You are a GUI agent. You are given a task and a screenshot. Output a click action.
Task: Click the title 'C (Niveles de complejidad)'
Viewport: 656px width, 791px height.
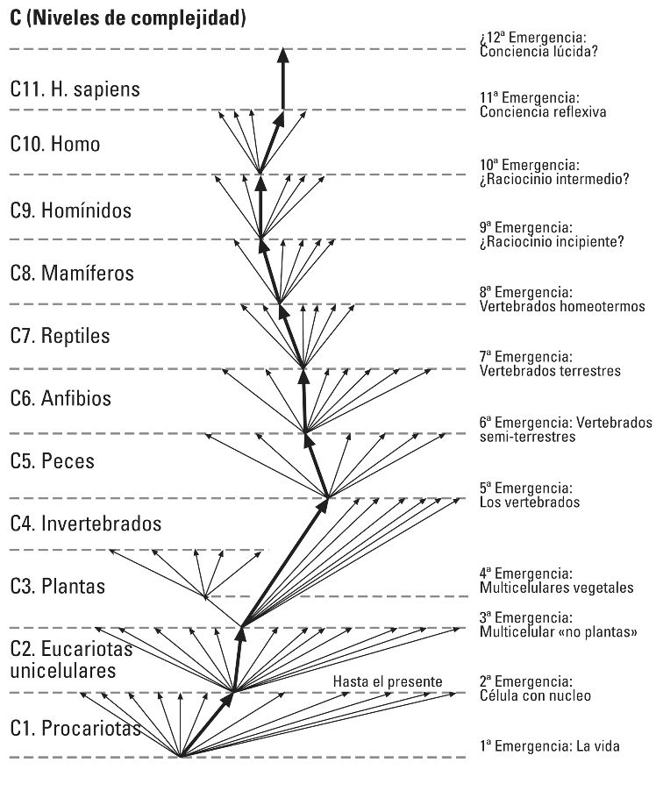[x=127, y=18]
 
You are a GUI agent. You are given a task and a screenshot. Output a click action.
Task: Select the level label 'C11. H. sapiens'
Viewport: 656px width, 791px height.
[x=75, y=89]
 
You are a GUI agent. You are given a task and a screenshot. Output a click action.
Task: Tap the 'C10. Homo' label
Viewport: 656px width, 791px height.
[x=55, y=144]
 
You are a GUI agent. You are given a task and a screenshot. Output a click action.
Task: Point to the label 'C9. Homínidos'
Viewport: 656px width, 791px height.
[x=71, y=210]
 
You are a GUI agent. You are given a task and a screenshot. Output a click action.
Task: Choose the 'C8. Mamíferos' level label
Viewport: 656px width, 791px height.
[x=73, y=273]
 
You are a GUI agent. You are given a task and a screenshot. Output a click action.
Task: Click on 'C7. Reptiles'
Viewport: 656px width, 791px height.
[x=61, y=336]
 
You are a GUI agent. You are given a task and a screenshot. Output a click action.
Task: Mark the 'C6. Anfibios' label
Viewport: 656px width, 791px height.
[x=61, y=398]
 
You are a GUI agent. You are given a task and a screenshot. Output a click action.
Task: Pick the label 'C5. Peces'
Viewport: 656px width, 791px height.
[x=53, y=460]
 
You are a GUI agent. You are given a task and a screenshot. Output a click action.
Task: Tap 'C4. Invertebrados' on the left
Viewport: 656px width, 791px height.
[x=86, y=524]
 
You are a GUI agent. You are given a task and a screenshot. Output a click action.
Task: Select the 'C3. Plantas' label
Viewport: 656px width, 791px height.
[x=58, y=586]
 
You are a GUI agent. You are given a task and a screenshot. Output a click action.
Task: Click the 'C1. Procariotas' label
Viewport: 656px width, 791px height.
[x=75, y=728]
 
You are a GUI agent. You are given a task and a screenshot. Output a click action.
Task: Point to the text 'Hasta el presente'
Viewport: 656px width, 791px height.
[x=388, y=682]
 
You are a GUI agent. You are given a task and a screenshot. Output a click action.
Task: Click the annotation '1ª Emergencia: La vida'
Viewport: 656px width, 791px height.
[x=550, y=746]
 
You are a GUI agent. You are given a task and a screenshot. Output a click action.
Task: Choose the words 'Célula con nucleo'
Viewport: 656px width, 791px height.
[x=535, y=696]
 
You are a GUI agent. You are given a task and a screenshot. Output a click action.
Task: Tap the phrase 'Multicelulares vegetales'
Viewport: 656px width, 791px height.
[x=557, y=588]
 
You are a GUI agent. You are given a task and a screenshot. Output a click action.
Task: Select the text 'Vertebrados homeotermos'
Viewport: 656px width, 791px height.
[x=562, y=307]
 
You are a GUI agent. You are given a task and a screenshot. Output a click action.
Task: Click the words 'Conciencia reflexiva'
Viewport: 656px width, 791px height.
[x=543, y=112]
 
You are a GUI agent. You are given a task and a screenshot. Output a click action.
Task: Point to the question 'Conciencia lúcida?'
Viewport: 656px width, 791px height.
[x=539, y=51]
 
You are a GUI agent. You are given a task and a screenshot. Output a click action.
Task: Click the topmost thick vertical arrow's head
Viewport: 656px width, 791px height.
[x=282, y=55]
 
